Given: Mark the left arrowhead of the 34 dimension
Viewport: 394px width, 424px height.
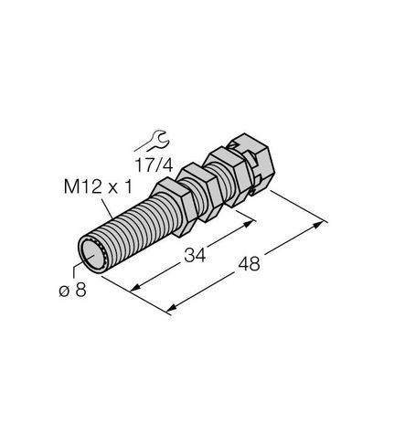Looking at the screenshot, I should point(136,289).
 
